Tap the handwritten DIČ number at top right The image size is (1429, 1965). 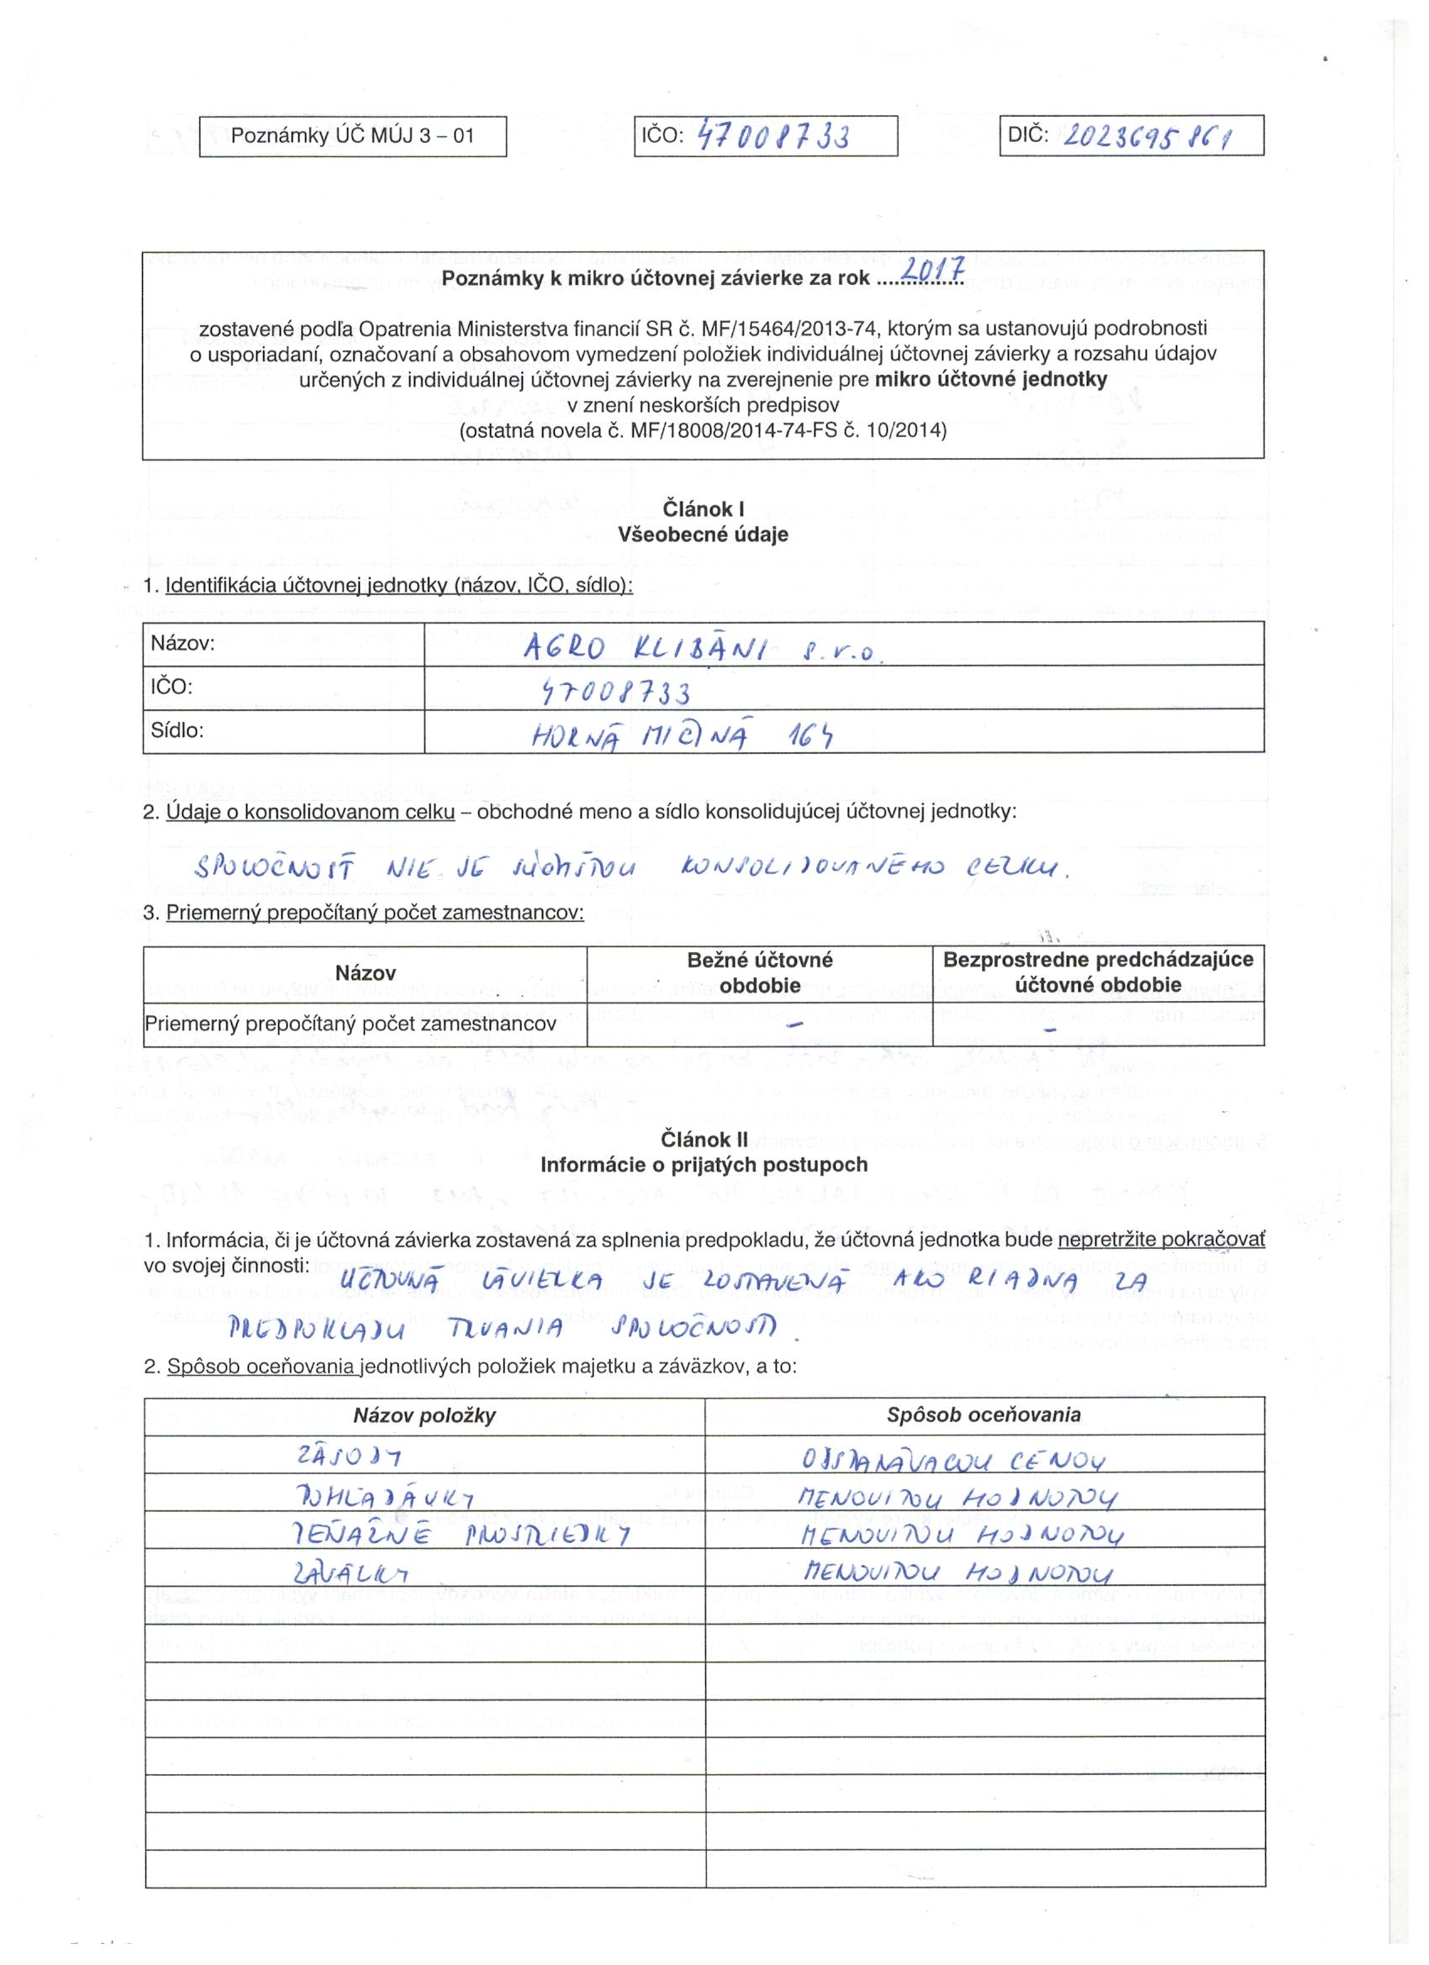[x=1147, y=137]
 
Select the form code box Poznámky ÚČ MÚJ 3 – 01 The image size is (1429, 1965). [x=353, y=136]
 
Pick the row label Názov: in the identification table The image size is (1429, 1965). [x=183, y=644]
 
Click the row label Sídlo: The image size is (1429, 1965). [x=177, y=730]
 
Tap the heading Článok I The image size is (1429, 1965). [x=703, y=508]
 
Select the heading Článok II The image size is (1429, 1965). [x=704, y=1141]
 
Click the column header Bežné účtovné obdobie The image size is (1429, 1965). [x=759, y=972]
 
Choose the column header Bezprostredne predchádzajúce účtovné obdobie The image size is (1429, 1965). [x=1097, y=972]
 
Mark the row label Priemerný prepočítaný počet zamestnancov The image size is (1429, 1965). [x=350, y=1024]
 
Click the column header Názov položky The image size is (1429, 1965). [x=424, y=1415]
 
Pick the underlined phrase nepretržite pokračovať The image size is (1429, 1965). [x=1161, y=1241]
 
